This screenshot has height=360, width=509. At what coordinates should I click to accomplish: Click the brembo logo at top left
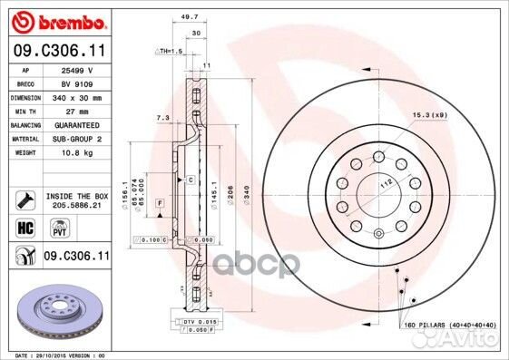55,20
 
